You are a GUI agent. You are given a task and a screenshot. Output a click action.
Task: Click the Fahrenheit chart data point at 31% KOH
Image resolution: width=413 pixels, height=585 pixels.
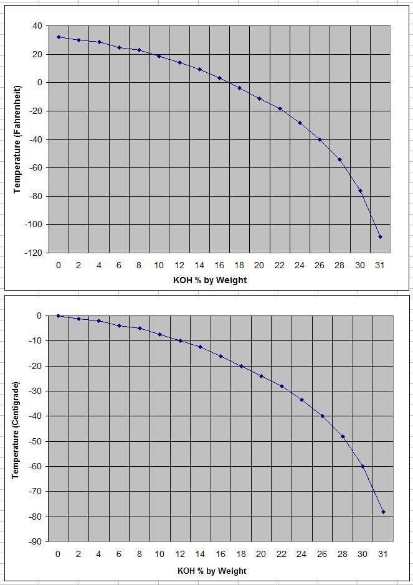(380, 237)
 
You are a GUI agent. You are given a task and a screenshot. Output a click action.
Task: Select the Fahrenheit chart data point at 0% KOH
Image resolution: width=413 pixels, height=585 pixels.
(59, 37)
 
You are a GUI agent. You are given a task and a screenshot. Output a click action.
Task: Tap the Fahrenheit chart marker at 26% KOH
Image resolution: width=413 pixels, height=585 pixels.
(320, 140)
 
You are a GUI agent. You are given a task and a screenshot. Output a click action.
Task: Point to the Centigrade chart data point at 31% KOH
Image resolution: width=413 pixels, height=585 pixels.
(383, 512)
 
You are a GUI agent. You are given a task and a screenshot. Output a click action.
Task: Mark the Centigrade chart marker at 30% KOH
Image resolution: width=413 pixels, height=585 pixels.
(363, 466)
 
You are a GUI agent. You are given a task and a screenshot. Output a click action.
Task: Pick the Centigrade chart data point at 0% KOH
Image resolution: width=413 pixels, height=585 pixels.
(58, 316)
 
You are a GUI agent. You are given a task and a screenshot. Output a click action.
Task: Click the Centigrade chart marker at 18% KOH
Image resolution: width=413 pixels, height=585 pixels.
(241, 366)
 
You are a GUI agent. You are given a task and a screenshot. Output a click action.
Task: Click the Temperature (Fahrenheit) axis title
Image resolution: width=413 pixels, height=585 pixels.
(17, 140)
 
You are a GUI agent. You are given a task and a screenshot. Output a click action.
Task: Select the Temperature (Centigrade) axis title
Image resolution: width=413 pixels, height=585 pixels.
(17, 429)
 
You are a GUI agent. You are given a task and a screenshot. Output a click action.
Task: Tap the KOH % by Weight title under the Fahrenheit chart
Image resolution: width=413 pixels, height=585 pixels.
(210, 280)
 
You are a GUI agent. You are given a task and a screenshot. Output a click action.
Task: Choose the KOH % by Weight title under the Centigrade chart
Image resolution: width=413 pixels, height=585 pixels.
(212, 571)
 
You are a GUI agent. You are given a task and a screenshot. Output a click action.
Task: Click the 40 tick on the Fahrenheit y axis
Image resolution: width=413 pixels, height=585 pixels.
(37, 26)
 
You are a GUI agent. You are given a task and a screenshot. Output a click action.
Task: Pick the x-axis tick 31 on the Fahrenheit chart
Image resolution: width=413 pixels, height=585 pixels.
(380, 264)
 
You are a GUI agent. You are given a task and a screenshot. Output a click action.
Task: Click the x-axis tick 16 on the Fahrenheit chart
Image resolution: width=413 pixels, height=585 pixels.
(219, 264)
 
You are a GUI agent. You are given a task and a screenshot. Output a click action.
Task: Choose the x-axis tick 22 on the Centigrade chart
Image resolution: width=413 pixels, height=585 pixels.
(282, 554)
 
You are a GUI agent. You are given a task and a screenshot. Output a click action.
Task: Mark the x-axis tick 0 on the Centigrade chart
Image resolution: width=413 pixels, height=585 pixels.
(58, 554)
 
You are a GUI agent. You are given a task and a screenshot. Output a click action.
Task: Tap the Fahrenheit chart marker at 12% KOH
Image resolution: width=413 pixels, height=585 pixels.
(179, 62)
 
